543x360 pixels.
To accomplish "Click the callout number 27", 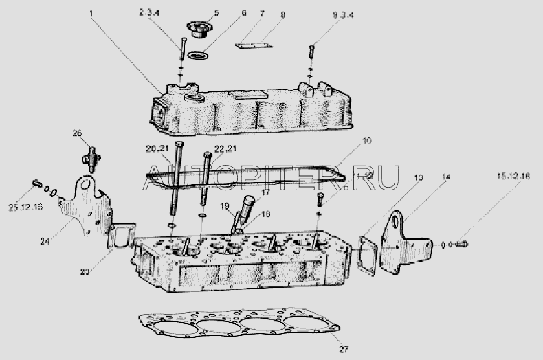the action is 344,349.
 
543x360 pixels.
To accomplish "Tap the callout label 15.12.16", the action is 513,176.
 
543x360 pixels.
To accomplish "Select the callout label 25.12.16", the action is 25,207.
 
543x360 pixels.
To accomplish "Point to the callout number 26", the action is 77,133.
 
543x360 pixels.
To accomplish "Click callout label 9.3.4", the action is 343,15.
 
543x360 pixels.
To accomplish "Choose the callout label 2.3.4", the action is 149,12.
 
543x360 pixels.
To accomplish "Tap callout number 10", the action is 366,141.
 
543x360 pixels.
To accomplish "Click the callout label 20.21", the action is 157,149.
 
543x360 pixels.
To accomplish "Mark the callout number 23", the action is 85,272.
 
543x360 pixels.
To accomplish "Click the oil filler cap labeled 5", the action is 197,29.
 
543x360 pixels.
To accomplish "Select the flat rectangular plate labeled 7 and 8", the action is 253,46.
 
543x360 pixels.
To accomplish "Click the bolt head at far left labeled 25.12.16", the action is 36,183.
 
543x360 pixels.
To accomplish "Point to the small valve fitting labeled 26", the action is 91,159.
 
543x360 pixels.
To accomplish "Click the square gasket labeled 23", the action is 122,236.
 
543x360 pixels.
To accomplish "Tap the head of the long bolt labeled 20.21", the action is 179,144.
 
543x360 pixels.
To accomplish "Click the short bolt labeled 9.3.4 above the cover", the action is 311,52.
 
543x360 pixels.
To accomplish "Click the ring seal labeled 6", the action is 197,55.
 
